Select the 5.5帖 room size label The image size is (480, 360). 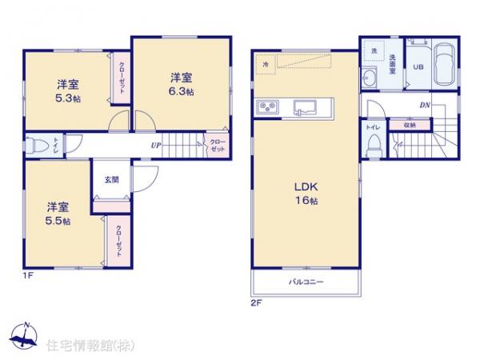(57, 220)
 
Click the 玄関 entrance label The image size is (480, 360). (110, 180)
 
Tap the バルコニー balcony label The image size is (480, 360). (305, 282)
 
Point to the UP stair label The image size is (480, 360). (156, 146)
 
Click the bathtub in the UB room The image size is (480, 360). (444, 62)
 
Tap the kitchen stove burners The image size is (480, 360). (266, 107)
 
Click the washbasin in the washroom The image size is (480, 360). (370, 78)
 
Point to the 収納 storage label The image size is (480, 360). (410, 126)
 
